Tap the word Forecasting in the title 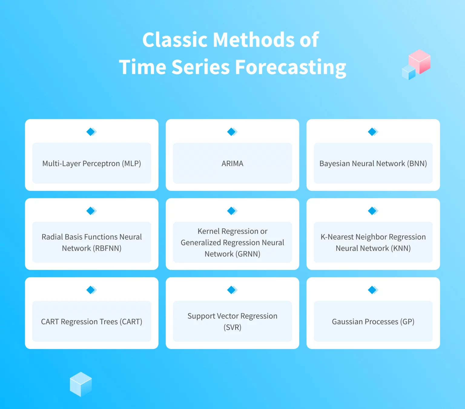pyautogui.click(x=290, y=67)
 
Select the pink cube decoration pyautogui.click(x=420, y=62)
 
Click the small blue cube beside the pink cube pyautogui.click(x=408, y=72)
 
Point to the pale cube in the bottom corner pyautogui.click(x=81, y=384)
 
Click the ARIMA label pyautogui.click(x=232, y=164)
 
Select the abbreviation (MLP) pyautogui.click(x=131, y=164)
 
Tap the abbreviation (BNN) pyautogui.click(x=417, y=164)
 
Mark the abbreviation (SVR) pyautogui.click(x=232, y=327)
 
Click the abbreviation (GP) pyautogui.click(x=407, y=321)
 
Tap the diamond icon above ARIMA pyautogui.click(x=232, y=132)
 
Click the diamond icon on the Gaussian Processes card pyautogui.click(x=373, y=290)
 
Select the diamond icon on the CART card pyautogui.click(x=91, y=290)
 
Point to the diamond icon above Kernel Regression pyautogui.click(x=232, y=211)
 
